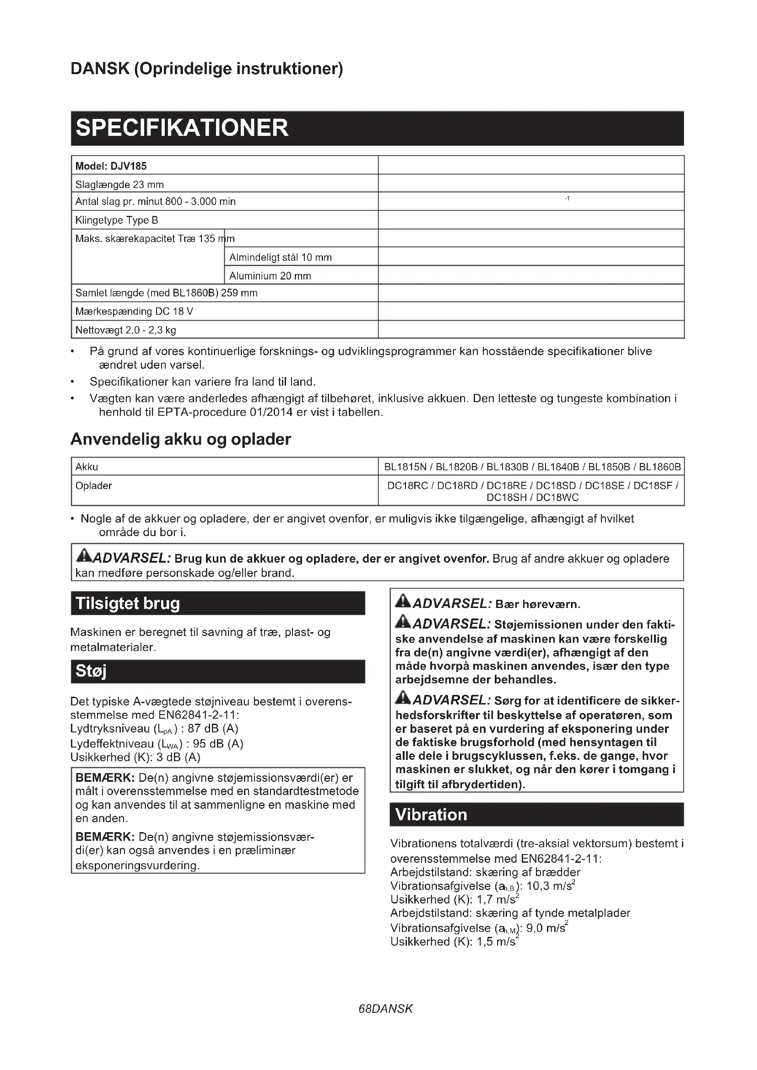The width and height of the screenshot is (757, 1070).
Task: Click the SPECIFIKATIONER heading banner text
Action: tap(182, 128)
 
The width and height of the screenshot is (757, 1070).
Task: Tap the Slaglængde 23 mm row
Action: tap(120, 184)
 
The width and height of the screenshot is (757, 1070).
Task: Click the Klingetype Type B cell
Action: tap(117, 220)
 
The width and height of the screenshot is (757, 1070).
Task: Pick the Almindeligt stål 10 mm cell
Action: tap(280, 257)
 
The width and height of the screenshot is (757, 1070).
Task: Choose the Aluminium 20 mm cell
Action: tap(270, 276)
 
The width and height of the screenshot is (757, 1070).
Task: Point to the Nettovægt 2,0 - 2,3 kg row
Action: tap(126, 330)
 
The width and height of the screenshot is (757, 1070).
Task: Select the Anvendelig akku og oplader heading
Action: tap(181, 440)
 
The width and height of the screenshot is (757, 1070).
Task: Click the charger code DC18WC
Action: tap(557, 498)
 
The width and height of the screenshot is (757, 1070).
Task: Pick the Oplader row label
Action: tap(94, 486)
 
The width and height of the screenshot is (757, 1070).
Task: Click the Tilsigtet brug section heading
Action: tap(128, 603)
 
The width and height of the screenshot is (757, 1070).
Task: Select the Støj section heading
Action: tap(91, 671)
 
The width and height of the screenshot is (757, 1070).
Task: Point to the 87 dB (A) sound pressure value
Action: tap(213, 728)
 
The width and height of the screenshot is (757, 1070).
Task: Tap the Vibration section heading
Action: tap(431, 815)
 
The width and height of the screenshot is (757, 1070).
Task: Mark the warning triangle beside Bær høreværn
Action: tap(403, 602)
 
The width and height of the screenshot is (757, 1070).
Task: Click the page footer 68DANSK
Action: tap(385, 1009)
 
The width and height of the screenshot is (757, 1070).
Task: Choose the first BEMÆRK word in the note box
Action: tap(105, 778)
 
